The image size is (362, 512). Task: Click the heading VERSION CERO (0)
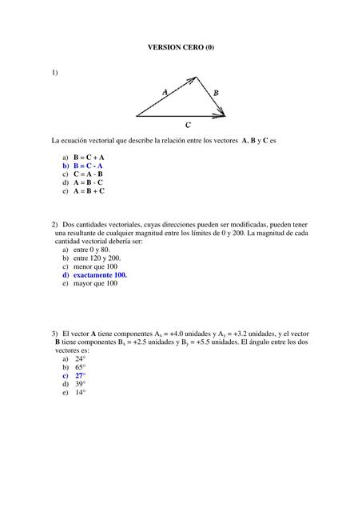click(x=181, y=48)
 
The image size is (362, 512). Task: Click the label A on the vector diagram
click(x=165, y=92)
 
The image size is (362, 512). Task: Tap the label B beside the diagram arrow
click(x=216, y=93)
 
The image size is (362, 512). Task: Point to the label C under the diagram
click(x=188, y=125)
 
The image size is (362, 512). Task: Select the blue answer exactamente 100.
click(x=100, y=274)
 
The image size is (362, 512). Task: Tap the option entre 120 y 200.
click(x=97, y=258)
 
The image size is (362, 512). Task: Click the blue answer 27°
click(x=80, y=375)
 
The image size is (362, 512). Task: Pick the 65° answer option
click(x=80, y=367)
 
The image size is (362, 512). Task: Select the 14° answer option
click(x=80, y=392)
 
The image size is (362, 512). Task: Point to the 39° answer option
click(x=80, y=384)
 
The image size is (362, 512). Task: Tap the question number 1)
click(x=54, y=73)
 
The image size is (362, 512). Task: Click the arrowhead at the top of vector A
click(x=194, y=78)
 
